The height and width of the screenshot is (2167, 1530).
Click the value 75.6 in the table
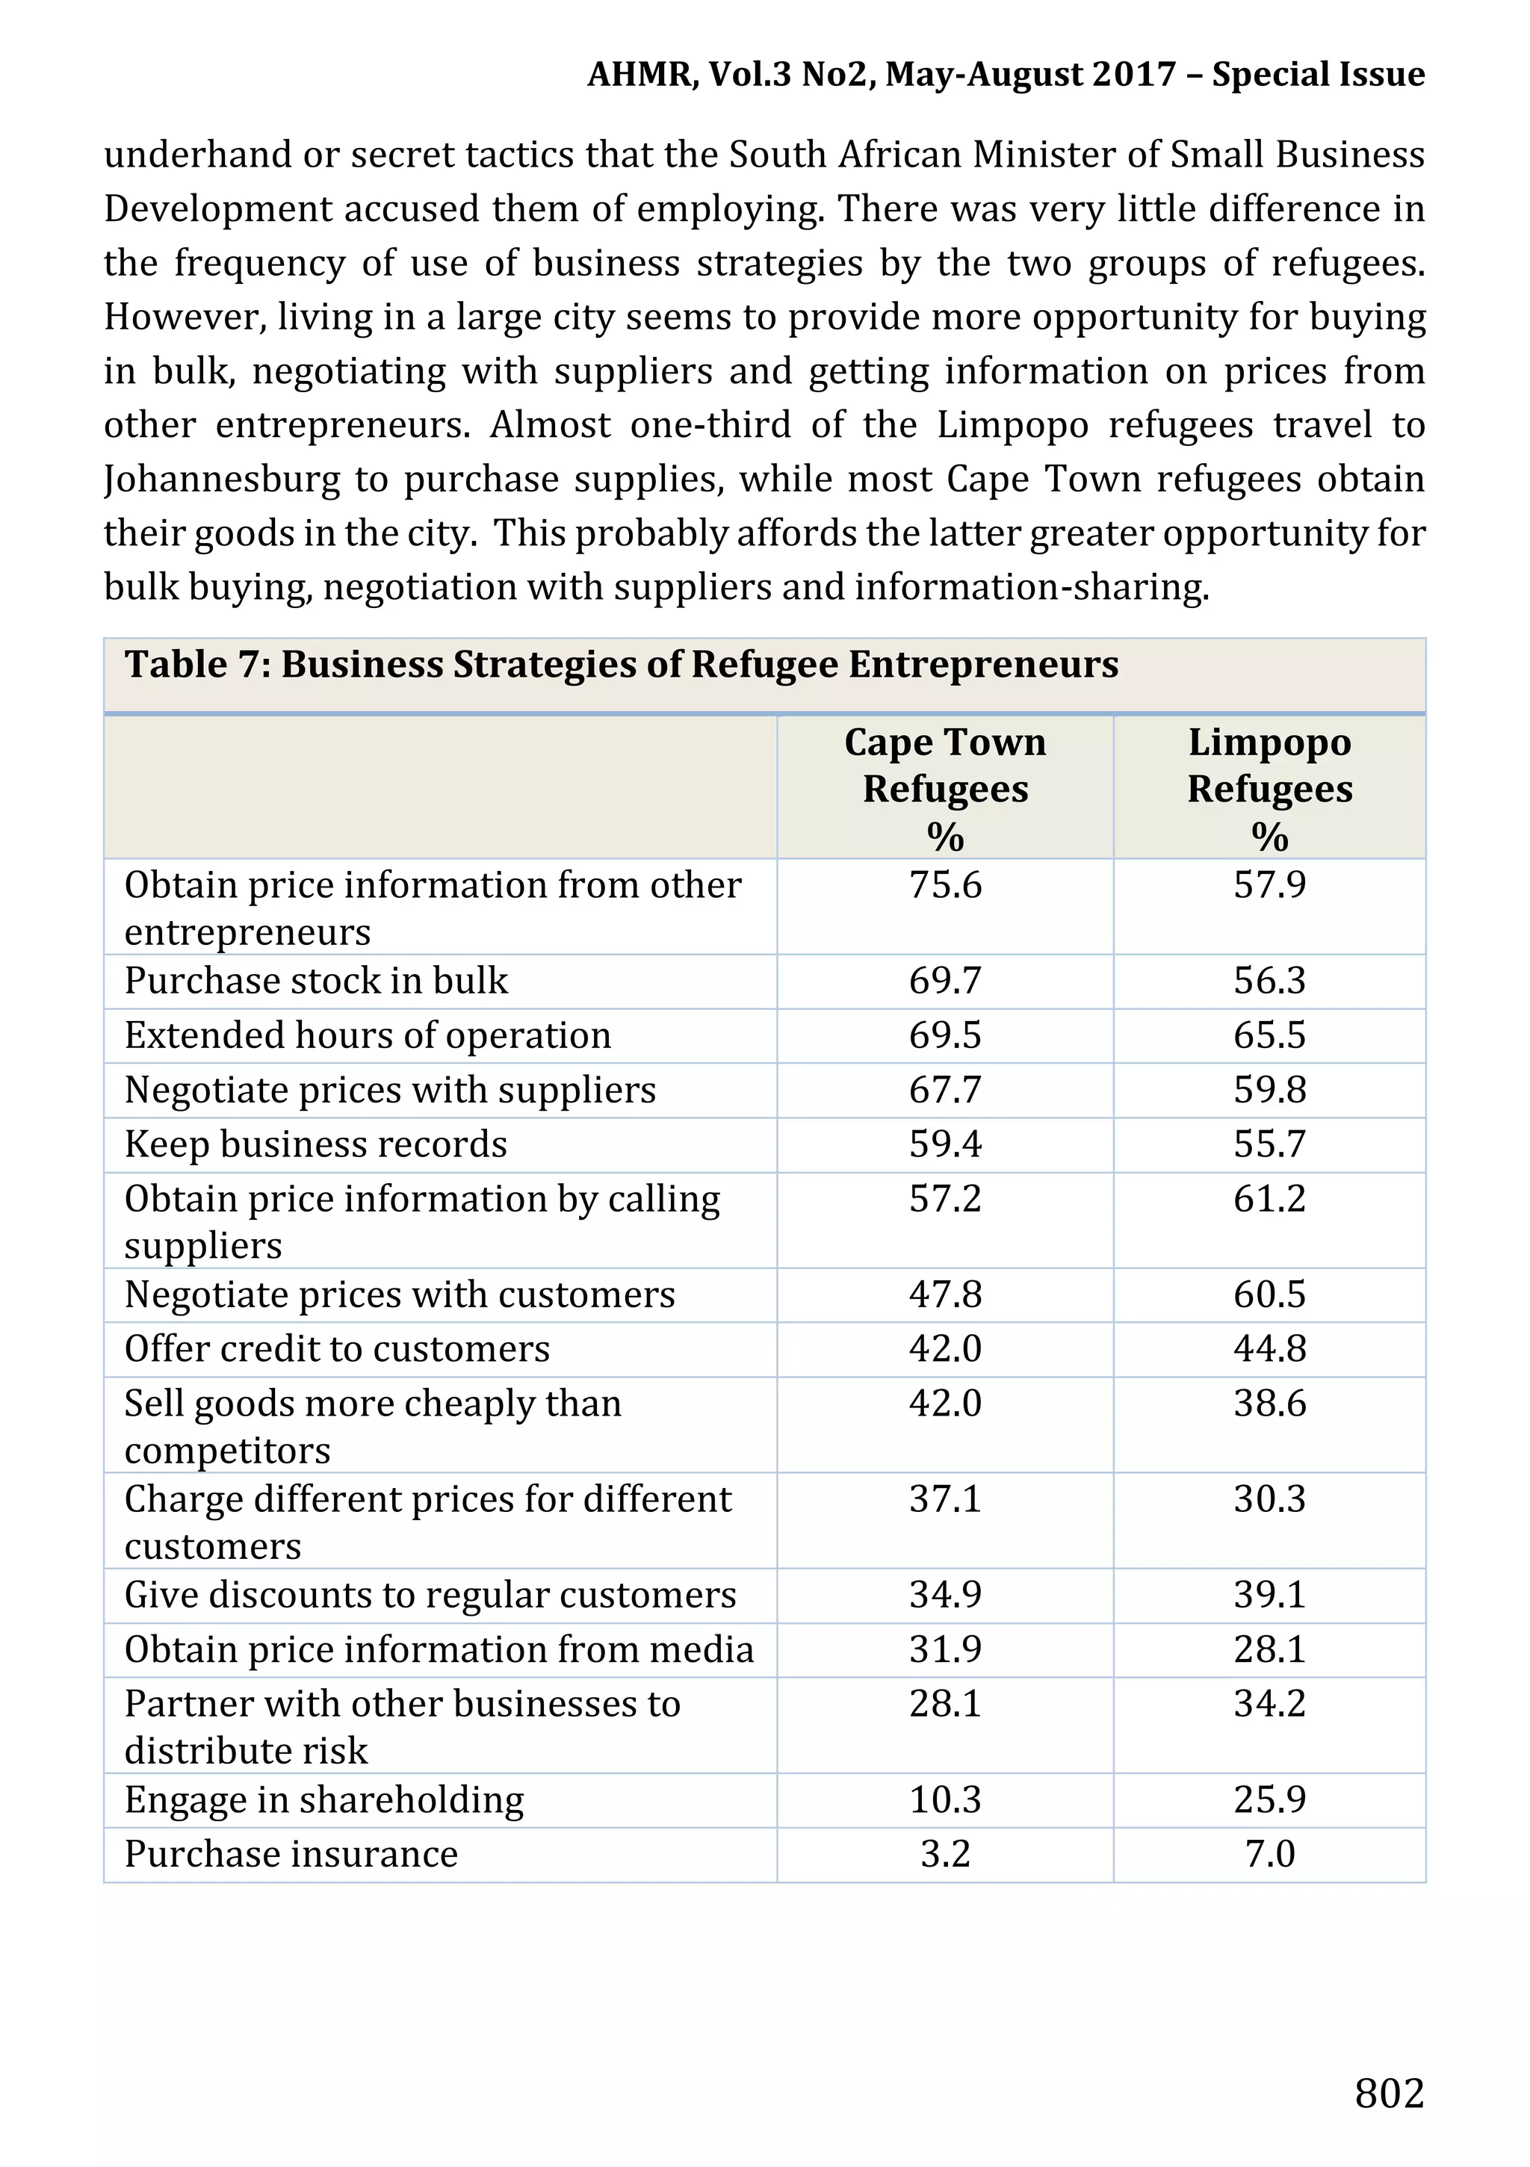pos(945,885)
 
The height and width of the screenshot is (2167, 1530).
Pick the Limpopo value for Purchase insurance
pos(1269,1854)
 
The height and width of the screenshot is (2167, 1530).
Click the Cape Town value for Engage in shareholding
pos(945,1799)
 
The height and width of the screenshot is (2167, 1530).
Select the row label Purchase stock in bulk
pos(316,981)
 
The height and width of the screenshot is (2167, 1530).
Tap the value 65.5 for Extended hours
pos(1269,1035)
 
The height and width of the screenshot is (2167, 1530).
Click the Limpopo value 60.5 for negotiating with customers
pos(1269,1294)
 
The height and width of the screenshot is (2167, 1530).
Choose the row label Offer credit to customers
pos(337,1349)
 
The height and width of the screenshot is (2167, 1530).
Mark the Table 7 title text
pos(621,665)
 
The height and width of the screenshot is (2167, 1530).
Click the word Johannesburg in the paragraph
pos(222,480)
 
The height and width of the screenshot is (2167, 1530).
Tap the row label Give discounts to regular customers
pos(430,1595)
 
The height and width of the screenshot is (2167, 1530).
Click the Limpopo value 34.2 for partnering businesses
pos(1269,1704)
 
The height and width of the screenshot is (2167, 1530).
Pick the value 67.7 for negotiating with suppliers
pos(945,1090)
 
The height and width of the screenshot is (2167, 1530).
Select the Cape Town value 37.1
pos(945,1498)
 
